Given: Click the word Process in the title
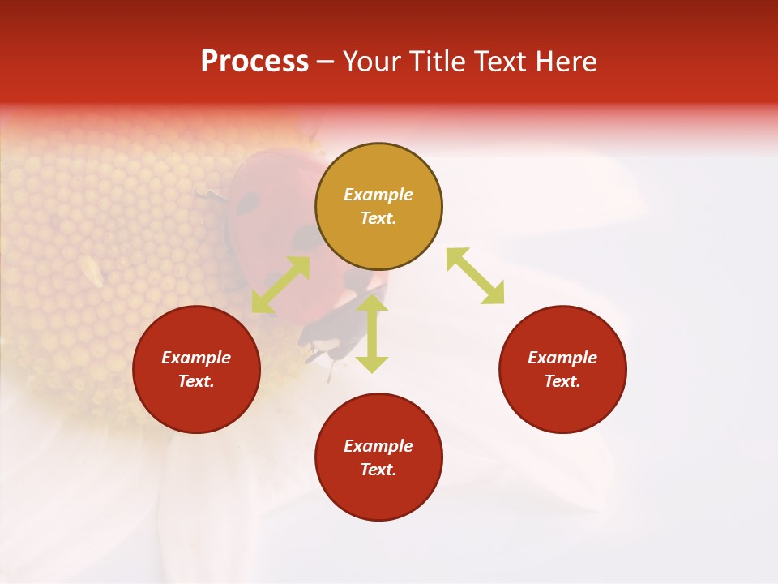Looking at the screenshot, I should tap(254, 62).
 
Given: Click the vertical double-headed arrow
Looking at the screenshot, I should tap(372, 333).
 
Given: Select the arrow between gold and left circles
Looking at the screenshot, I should tap(280, 285).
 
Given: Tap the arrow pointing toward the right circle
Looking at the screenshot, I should tap(475, 277).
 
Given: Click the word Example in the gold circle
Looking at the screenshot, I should tap(378, 195).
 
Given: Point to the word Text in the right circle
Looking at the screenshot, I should tap(562, 381).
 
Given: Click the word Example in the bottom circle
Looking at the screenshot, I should tap(378, 446).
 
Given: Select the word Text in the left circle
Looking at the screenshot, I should tap(196, 381).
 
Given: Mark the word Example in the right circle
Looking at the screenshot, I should tap(562, 358).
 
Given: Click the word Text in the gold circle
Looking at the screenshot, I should tap(378, 218).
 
